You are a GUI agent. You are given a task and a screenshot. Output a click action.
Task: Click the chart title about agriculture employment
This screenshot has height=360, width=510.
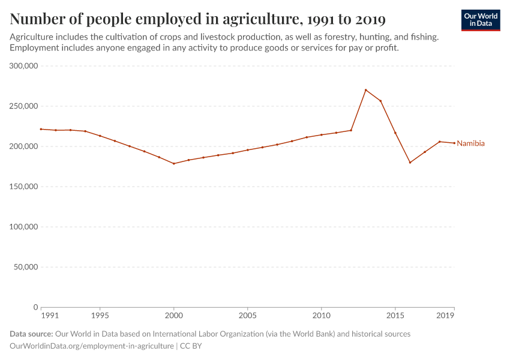(x=198, y=19)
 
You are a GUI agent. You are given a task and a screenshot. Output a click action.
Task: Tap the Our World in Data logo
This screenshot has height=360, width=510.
(x=481, y=20)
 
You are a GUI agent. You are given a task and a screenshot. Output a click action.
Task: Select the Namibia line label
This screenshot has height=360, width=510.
(x=470, y=144)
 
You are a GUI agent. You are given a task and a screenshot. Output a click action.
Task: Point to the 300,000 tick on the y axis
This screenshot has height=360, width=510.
(x=22, y=66)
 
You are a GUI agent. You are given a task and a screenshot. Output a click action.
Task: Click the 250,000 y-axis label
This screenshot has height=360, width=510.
(x=22, y=106)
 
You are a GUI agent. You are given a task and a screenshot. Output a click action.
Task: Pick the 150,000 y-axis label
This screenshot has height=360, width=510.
(x=22, y=187)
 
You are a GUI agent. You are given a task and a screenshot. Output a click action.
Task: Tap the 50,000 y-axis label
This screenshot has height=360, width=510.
(x=24, y=267)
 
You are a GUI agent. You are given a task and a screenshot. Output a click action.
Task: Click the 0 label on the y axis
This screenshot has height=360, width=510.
(x=36, y=307)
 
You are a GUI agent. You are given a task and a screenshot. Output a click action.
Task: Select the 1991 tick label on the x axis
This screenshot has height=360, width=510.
(x=50, y=315)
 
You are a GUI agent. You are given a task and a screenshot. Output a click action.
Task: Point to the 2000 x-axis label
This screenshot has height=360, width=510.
(x=174, y=315)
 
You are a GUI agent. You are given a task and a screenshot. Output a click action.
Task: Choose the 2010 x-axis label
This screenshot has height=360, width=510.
(x=322, y=315)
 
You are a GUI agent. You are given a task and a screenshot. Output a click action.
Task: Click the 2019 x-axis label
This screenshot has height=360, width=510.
(x=445, y=315)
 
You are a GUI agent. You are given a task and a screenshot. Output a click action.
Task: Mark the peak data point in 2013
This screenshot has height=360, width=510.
(x=365, y=90)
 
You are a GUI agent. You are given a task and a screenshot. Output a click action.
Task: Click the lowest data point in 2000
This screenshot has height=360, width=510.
(x=174, y=164)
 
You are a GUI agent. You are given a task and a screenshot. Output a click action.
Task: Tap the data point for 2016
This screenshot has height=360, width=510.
(x=410, y=163)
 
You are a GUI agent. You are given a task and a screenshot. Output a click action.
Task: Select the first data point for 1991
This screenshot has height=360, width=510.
(x=41, y=129)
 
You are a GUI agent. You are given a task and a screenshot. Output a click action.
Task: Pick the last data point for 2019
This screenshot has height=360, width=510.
(x=454, y=143)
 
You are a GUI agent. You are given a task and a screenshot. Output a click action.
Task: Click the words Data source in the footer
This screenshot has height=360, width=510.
(x=31, y=334)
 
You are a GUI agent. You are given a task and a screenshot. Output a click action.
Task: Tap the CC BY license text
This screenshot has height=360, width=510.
(x=191, y=346)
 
